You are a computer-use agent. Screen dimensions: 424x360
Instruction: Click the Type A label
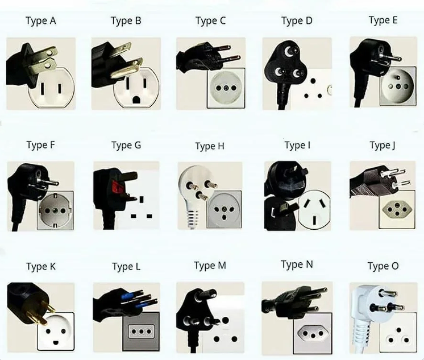click(41, 21)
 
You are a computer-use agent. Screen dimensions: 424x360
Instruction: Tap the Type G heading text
click(126, 146)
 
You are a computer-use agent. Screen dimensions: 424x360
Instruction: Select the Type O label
click(383, 266)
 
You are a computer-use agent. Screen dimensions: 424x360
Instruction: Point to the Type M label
click(210, 266)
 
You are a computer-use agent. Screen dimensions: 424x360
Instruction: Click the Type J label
click(383, 146)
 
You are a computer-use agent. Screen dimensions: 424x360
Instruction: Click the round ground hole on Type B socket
click(136, 100)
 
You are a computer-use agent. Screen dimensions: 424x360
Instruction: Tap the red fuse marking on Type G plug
click(117, 187)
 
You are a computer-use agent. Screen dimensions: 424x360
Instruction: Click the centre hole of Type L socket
click(140, 332)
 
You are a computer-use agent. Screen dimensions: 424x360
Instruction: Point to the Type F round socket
click(55, 210)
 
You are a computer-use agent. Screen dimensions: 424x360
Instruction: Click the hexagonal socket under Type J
click(397, 209)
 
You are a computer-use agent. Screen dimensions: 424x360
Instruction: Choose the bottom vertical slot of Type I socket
click(314, 220)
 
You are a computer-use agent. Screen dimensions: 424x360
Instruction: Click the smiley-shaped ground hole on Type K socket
click(56, 342)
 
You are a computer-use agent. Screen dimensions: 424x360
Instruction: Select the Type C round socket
click(226, 88)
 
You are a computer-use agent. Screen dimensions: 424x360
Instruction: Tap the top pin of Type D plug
click(289, 50)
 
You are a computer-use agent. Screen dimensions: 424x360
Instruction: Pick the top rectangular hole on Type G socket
click(142, 200)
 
